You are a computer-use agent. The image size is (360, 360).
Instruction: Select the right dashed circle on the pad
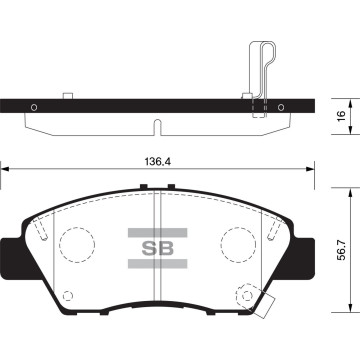tap(240, 243)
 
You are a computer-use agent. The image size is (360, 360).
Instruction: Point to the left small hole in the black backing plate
tap(35, 106)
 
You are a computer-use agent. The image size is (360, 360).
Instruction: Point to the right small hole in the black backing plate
tap(284, 106)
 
